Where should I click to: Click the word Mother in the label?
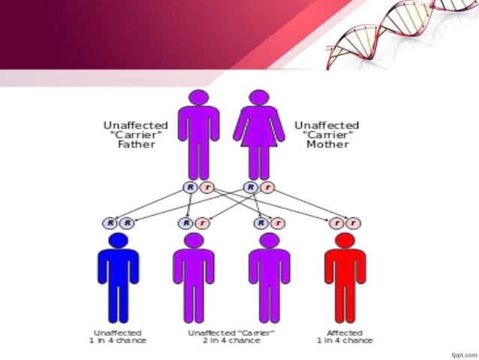click(327, 144)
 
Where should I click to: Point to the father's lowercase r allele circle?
click(208, 188)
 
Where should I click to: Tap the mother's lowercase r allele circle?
click(269, 188)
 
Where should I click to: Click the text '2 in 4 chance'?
click(231, 341)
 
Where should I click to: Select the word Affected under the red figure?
click(345, 332)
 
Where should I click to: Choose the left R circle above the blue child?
click(110, 223)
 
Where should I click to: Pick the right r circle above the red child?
click(354, 223)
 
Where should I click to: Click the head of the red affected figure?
click(345, 241)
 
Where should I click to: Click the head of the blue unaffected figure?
click(118, 241)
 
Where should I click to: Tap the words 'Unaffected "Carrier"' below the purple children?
click(231, 332)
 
